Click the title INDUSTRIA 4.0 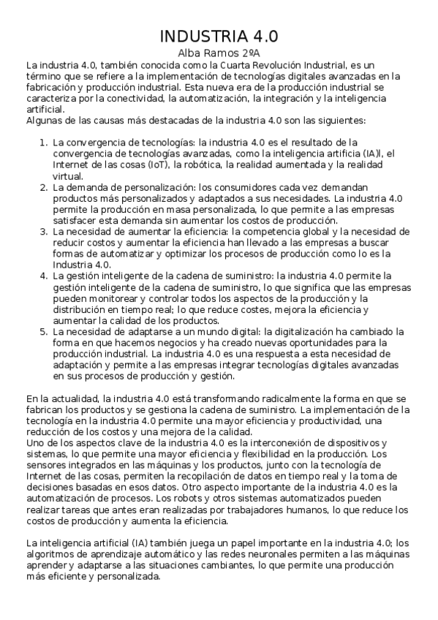click(x=219, y=37)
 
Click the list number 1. click(x=43, y=141)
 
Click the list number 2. click(x=43, y=187)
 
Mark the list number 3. click(x=43, y=232)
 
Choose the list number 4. click(x=43, y=276)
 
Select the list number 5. click(x=43, y=332)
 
